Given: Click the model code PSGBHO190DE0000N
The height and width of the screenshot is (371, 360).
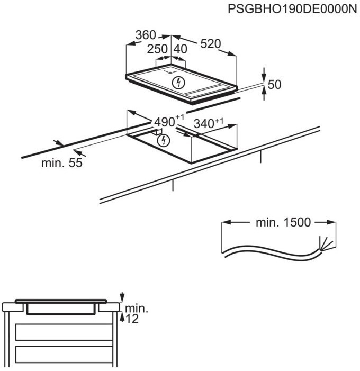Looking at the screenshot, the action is pyautogui.click(x=292, y=9).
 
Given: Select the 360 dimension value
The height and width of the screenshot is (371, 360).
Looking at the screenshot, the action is pyautogui.click(x=146, y=35).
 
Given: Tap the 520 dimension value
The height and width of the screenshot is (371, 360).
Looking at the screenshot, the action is pyautogui.click(x=210, y=44).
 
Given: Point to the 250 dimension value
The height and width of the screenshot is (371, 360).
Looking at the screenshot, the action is pyautogui.click(x=157, y=49).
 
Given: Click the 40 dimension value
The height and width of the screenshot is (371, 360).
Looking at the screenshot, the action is pyautogui.click(x=181, y=49).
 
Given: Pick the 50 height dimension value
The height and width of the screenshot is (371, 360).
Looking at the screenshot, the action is pyautogui.click(x=274, y=85).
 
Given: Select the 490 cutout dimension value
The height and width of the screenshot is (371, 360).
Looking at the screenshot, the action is pyautogui.click(x=165, y=122).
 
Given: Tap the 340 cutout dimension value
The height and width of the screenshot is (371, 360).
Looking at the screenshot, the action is pyautogui.click(x=204, y=123).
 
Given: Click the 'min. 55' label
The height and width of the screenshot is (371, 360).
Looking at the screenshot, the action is pyautogui.click(x=62, y=163).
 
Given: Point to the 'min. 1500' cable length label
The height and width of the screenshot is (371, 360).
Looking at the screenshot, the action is pyautogui.click(x=283, y=222).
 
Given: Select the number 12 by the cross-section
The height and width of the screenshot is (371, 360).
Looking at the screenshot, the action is pyautogui.click(x=132, y=319).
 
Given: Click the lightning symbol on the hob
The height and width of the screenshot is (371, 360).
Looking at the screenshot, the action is pyautogui.click(x=178, y=83).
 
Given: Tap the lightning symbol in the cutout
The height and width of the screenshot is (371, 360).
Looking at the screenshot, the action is pyautogui.click(x=163, y=141).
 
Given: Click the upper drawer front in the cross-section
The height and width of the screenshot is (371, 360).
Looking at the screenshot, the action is pyautogui.click(x=64, y=332).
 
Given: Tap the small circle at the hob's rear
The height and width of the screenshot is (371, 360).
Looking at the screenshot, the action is pyautogui.click(x=170, y=73).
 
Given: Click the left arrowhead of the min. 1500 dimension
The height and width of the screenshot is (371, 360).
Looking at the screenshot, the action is pyautogui.click(x=226, y=222).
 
